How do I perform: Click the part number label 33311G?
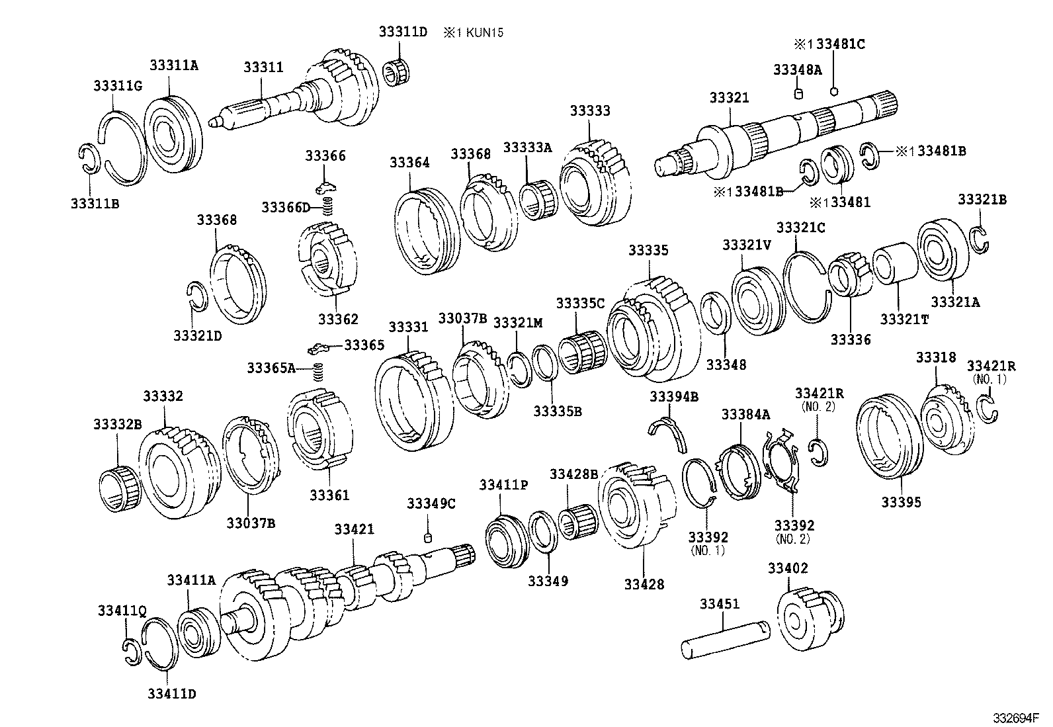[x=117, y=86]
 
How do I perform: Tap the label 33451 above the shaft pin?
[x=720, y=604]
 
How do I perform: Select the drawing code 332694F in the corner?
[x=1015, y=717]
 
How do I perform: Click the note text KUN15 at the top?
[x=482, y=32]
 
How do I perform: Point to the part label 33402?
[x=788, y=568]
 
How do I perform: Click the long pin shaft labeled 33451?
[x=726, y=638]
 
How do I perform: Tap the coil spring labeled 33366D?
[x=326, y=207]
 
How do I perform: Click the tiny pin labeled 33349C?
[x=428, y=536]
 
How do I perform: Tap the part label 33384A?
[x=745, y=415]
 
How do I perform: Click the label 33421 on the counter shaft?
[x=354, y=529]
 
